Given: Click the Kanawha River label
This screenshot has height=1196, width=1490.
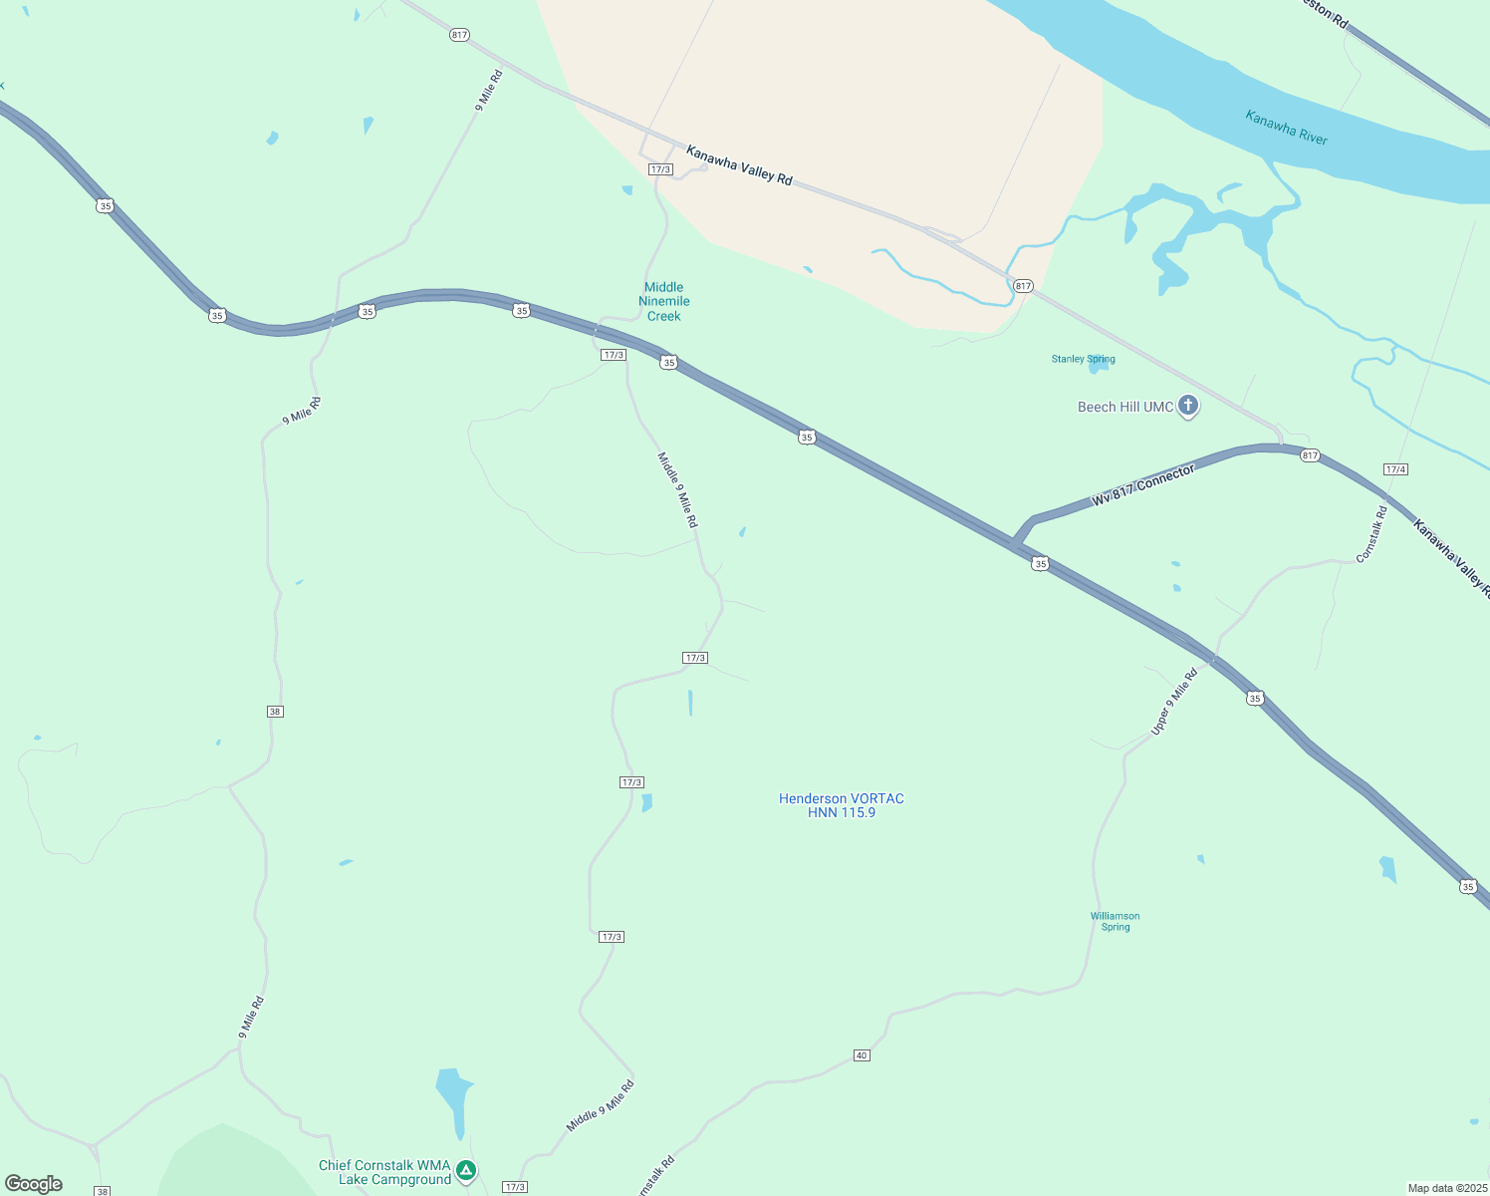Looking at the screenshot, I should tap(1286, 128).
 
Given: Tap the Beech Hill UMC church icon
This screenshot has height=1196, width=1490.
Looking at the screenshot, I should tap(1187, 406).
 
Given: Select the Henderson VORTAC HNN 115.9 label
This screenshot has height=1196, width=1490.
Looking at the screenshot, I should tap(842, 805).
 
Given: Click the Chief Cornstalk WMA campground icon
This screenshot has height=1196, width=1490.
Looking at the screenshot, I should tap(466, 1171).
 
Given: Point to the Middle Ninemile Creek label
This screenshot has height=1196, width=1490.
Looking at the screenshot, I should tap(664, 301).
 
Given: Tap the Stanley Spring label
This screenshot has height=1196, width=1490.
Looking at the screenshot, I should tap(1083, 359).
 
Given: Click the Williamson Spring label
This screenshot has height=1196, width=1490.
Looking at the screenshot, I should tap(1115, 921).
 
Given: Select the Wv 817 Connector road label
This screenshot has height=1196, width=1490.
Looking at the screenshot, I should tap(1142, 486).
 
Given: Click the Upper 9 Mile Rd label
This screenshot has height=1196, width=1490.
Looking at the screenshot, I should tap(1173, 702).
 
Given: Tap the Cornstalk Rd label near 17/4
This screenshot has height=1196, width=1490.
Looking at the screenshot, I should tap(1371, 535).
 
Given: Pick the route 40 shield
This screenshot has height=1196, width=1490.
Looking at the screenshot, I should tap(862, 1055).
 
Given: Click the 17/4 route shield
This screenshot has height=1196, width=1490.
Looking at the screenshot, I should tap(1394, 469).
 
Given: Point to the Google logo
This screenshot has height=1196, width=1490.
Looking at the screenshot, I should tap(34, 1184).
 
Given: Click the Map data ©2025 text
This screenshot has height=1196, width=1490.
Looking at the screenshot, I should tap(1446, 1188).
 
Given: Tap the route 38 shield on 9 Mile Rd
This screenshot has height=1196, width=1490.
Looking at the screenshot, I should tap(275, 712).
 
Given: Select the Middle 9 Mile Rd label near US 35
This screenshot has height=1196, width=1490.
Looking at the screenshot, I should tap(677, 489).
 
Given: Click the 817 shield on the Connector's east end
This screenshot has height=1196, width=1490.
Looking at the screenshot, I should tap(1309, 455).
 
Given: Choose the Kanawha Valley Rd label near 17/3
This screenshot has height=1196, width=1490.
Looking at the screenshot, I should tap(739, 165).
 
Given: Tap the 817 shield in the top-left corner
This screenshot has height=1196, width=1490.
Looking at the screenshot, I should tap(458, 35).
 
